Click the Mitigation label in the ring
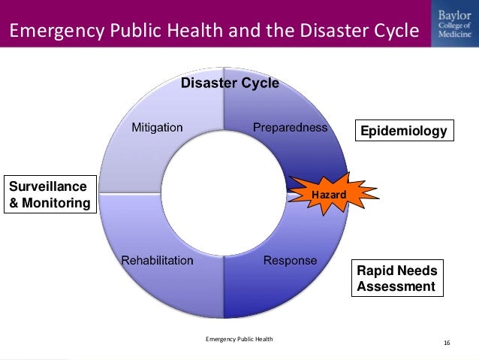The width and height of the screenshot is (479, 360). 157,127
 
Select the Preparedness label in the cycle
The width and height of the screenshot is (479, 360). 290,127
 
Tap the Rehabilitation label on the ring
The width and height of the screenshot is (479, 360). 157,261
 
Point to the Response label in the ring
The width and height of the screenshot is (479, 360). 290,261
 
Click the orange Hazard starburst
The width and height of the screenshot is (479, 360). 329,195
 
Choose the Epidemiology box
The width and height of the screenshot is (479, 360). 403,132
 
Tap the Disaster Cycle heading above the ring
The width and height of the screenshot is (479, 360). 230,83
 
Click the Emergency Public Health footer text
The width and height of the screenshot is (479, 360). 239,340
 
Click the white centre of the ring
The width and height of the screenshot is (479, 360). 223,194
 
